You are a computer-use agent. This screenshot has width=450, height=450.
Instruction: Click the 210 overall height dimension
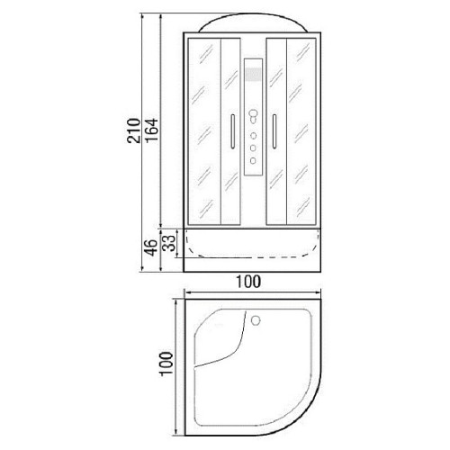click(x=134, y=130)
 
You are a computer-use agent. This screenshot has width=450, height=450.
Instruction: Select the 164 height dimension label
click(x=152, y=130)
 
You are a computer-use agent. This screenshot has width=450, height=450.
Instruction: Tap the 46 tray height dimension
click(x=152, y=247)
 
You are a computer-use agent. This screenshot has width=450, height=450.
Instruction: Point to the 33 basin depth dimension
click(x=170, y=243)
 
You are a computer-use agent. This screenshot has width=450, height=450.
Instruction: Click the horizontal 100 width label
click(x=248, y=282)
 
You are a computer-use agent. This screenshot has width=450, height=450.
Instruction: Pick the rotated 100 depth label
click(x=166, y=364)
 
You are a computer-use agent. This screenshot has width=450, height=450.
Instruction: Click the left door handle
click(x=232, y=131)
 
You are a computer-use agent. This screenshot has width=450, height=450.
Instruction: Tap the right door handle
click(x=274, y=131)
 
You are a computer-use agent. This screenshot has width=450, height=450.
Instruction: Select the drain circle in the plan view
click(x=256, y=320)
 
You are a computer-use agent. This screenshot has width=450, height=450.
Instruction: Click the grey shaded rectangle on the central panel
click(x=253, y=74)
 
